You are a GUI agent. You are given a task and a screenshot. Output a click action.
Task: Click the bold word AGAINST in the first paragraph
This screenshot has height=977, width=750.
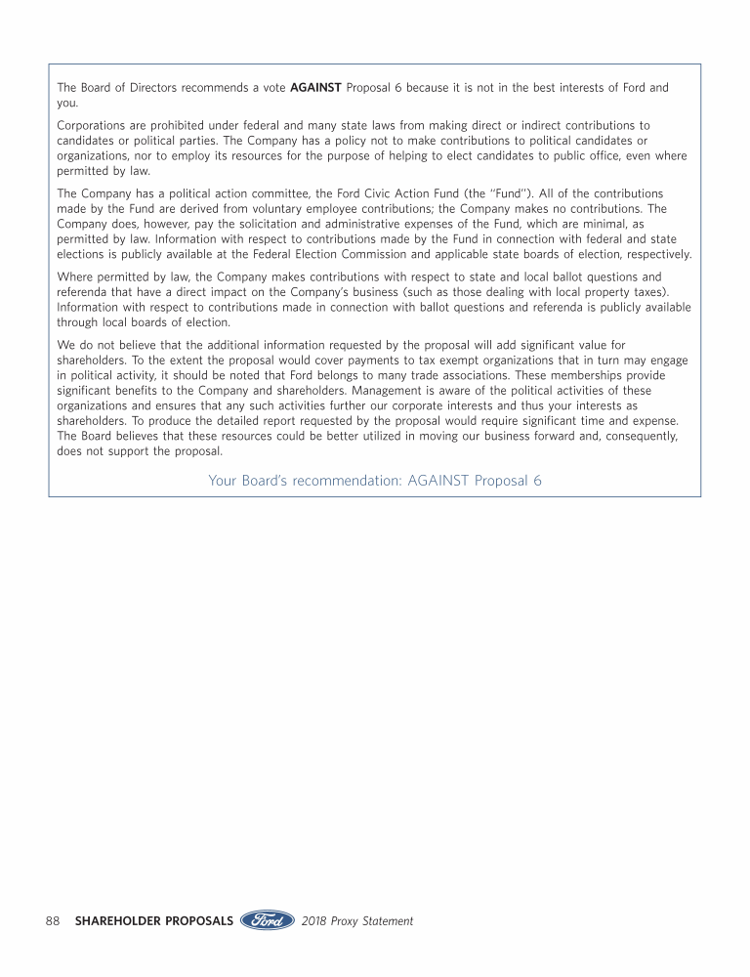(315, 88)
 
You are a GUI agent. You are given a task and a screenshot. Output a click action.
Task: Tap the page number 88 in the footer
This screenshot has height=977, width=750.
(53, 920)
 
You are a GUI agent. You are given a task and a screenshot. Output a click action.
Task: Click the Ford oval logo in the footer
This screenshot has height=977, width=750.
(268, 920)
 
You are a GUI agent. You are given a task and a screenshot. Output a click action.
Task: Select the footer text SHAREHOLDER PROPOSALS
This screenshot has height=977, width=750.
(153, 920)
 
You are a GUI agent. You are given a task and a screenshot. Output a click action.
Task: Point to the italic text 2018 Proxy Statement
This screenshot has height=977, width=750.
(357, 920)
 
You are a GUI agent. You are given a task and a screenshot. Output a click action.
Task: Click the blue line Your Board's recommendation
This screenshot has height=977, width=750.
(375, 481)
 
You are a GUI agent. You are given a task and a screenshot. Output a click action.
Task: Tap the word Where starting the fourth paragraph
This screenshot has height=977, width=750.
(75, 276)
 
